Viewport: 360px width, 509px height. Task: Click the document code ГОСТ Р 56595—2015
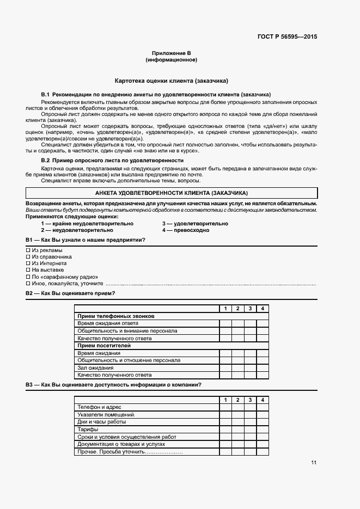(x=286, y=37)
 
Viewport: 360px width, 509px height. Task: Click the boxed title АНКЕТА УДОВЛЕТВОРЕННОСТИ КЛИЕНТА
(x=171, y=193)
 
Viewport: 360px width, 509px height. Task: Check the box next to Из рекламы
(x=28, y=250)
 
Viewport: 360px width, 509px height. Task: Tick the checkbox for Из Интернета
(x=28, y=263)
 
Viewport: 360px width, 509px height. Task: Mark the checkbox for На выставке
(x=28, y=270)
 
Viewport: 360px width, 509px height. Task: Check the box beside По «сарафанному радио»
(x=28, y=277)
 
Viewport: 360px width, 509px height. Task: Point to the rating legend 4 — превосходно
(x=185, y=230)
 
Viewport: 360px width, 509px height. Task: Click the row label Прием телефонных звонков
(x=116, y=316)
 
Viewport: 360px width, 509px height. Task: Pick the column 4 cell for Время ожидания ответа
(x=262, y=323)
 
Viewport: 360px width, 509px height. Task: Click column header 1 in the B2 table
(x=225, y=309)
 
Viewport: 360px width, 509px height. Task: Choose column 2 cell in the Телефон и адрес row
(x=237, y=407)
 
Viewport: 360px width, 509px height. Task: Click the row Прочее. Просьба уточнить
(x=130, y=452)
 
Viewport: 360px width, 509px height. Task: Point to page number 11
(x=314, y=463)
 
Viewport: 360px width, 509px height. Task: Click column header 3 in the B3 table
(x=250, y=400)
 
